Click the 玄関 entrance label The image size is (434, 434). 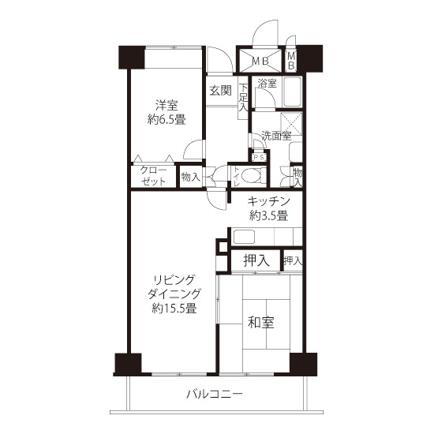coord(220,91)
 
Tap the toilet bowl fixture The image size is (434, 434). coord(251,175)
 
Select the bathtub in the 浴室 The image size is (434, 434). coord(293,92)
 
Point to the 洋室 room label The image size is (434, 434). coord(166,106)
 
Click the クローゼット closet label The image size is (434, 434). coord(153,175)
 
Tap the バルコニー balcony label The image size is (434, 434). coord(215,394)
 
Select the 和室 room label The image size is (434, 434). coord(260,322)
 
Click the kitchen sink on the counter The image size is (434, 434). coord(244,237)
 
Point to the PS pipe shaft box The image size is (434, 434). coord(260,158)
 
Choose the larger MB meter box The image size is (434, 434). coord(260,61)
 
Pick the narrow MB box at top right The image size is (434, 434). coord(291,61)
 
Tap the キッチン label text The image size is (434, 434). coord(268,201)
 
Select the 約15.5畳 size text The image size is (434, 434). coord(174,309)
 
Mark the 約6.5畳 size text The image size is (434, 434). coord(166,120)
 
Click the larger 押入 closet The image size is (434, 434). coord(256,260)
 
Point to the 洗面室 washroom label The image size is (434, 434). coord(277,136)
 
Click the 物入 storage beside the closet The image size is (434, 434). coord(190,177)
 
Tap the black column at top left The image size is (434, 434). coord(132,57)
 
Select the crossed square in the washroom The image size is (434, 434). coord(291,123)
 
